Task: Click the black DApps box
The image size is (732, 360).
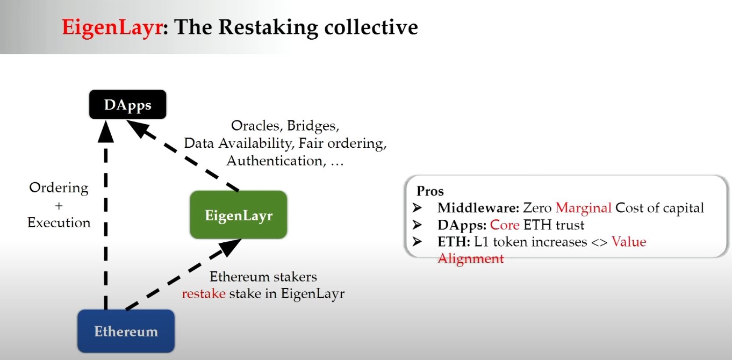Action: tap(128, 105)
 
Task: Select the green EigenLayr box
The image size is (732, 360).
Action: tap(239, 215)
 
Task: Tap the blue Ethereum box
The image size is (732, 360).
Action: tap(126, 330)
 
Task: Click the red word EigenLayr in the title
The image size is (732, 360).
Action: tap(111, 27)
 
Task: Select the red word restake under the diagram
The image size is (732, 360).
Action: tap(203, 293)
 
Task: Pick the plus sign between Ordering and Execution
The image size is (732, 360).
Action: tap(59, 205)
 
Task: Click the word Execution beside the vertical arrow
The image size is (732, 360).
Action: tap(59, 222)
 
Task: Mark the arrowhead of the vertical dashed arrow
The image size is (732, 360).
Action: tap(106, 129)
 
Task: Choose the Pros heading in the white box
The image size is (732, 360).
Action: tap(430, 191)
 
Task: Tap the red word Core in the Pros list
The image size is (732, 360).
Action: tap(505, 225)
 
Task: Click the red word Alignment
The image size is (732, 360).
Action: tap(471, 258)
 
